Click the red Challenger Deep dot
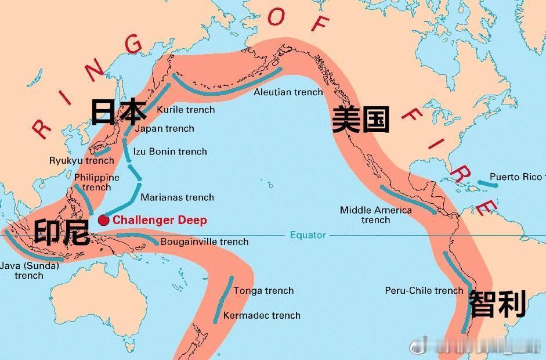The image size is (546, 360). tap(103, 220)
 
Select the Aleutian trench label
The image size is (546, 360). tap(288, 92)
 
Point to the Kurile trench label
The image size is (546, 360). tap(186, 109)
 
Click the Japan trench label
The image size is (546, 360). tap(164, 128)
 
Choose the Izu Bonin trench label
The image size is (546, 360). tap(170, 152)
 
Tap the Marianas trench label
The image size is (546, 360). tap(177, 197)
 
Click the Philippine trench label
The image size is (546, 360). tap(96, 182)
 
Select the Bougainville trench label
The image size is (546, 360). tap(204, 242)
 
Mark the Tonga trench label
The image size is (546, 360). tap(263, 290)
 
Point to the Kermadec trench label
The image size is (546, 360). tap(262, 315)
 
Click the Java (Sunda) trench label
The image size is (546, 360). tap(29, 271)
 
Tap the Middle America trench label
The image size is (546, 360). tap(375, 215)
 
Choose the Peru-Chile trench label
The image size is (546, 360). tap(424, 290)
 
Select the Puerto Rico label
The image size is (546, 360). tap(515, 177)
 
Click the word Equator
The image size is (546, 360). tap(308, 235)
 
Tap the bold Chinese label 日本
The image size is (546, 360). tap(118, 111)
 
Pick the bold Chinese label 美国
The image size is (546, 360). tap(360, 120)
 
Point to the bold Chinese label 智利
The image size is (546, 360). tap(497, 304)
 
